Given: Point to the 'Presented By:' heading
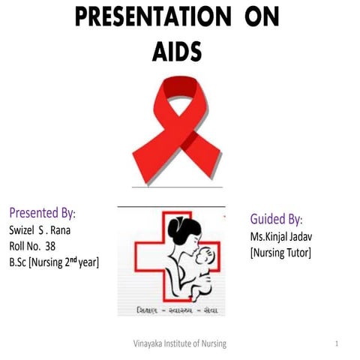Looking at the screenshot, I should pyautogui.click(x=42, y=211).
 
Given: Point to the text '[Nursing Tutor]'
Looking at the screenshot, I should pyautogui.click(x=280, y=253).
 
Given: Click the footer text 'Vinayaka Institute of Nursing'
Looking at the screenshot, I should pyautogui.click(x=179, y=343).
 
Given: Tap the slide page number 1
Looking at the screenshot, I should pyautogui.click(x=338, y=343).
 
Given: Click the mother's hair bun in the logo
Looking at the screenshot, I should pyautogui.click(x=177, y=225).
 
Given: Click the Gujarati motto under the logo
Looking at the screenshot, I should pyautogui.click(x=171, y=308).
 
